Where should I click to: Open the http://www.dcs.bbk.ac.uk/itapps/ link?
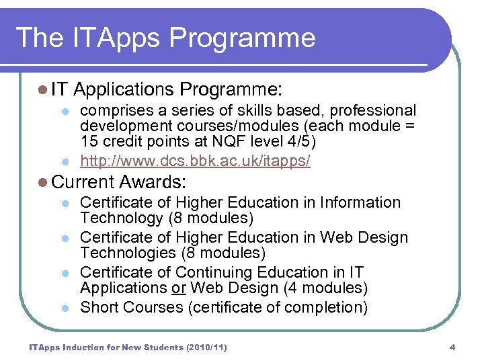pyautogui.click(x=195, y=161)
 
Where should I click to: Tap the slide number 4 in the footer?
pyautogui.click(x=452, y=348)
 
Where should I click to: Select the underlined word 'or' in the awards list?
pyautogui.click(x=178, y=288)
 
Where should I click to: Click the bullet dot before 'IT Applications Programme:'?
pyautogui.click(x=43, y=89)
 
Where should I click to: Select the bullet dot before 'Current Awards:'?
pyautogui.click(x=43, y=182)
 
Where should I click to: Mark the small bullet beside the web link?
pyautogui.click(x=65, y=162)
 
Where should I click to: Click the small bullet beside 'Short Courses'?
pyautogui.click(x=65, y=308)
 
